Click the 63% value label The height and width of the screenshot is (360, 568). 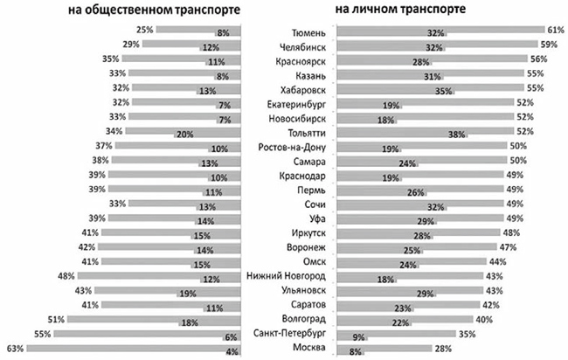[x=13, y=348]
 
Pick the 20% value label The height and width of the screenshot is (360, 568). [x=184, y=134]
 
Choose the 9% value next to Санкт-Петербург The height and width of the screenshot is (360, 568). [x=357, y=336]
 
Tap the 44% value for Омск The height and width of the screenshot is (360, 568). [x=496, y=261]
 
